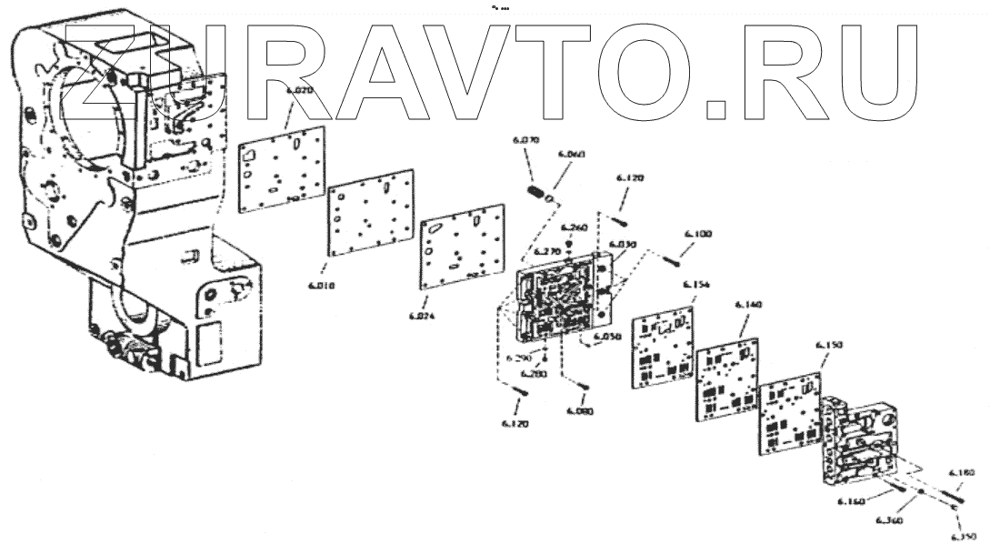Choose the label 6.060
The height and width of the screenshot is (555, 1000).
570,155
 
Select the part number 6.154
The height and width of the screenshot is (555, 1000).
695,284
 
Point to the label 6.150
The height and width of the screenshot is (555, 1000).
829,346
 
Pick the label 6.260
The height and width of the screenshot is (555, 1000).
574,227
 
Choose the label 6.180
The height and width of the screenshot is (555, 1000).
962,473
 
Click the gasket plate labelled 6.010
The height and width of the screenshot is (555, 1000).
370,217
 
